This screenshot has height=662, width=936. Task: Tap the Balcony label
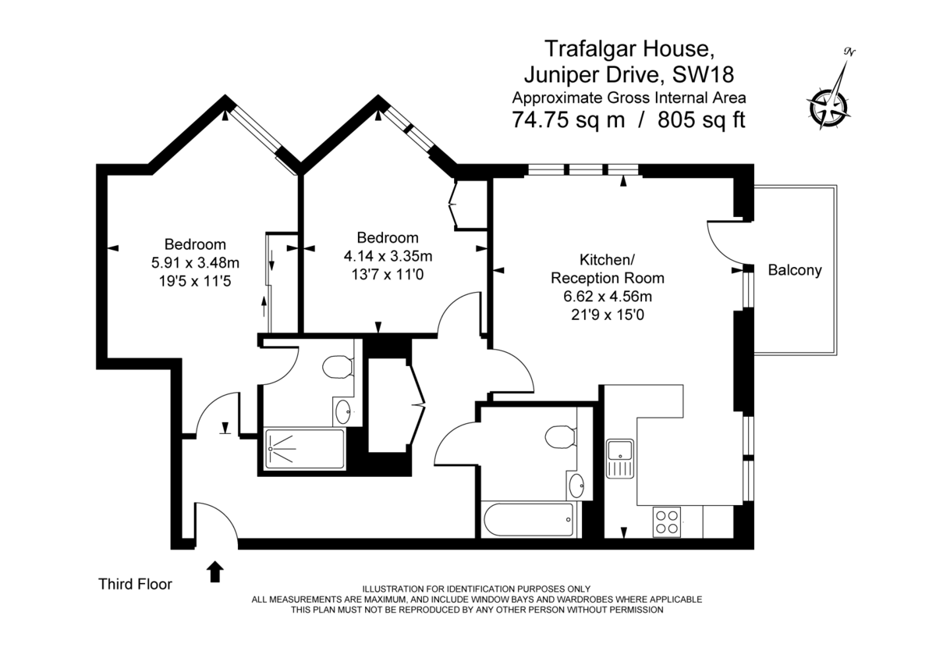795,271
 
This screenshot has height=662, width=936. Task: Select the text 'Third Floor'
135,583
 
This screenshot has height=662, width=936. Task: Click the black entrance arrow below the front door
215,572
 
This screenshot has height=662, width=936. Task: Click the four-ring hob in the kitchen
666,521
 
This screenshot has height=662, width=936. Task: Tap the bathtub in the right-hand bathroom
529,520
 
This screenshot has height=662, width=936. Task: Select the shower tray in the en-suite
304,449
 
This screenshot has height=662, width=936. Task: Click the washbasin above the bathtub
577,486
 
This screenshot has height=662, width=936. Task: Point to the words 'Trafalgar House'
628,48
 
